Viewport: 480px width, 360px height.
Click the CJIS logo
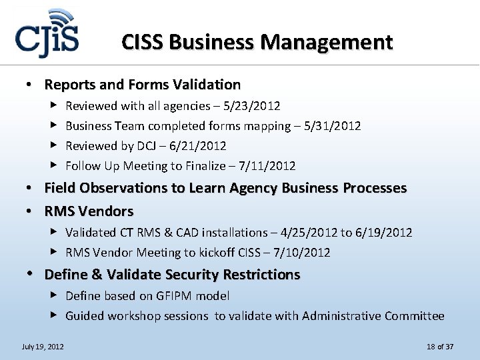pos(47,37)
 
